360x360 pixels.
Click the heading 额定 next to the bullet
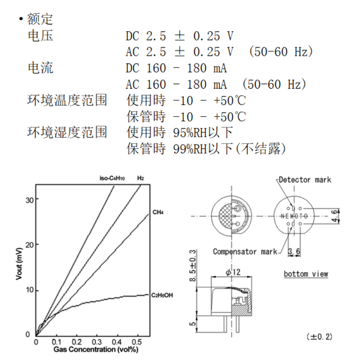point(40,19)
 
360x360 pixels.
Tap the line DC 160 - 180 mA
point(175,68)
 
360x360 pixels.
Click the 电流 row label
point(40,68)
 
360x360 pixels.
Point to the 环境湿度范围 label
point(67,133)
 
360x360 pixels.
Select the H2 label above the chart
point(140,178)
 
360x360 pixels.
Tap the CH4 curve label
point(158,211)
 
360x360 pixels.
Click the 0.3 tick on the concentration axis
point(97,342)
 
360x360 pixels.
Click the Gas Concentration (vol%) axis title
point(95,349)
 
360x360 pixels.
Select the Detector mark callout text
point(305,180)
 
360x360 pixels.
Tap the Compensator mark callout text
point(245,252)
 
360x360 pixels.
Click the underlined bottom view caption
point(306,274)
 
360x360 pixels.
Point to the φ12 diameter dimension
point(233,272)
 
